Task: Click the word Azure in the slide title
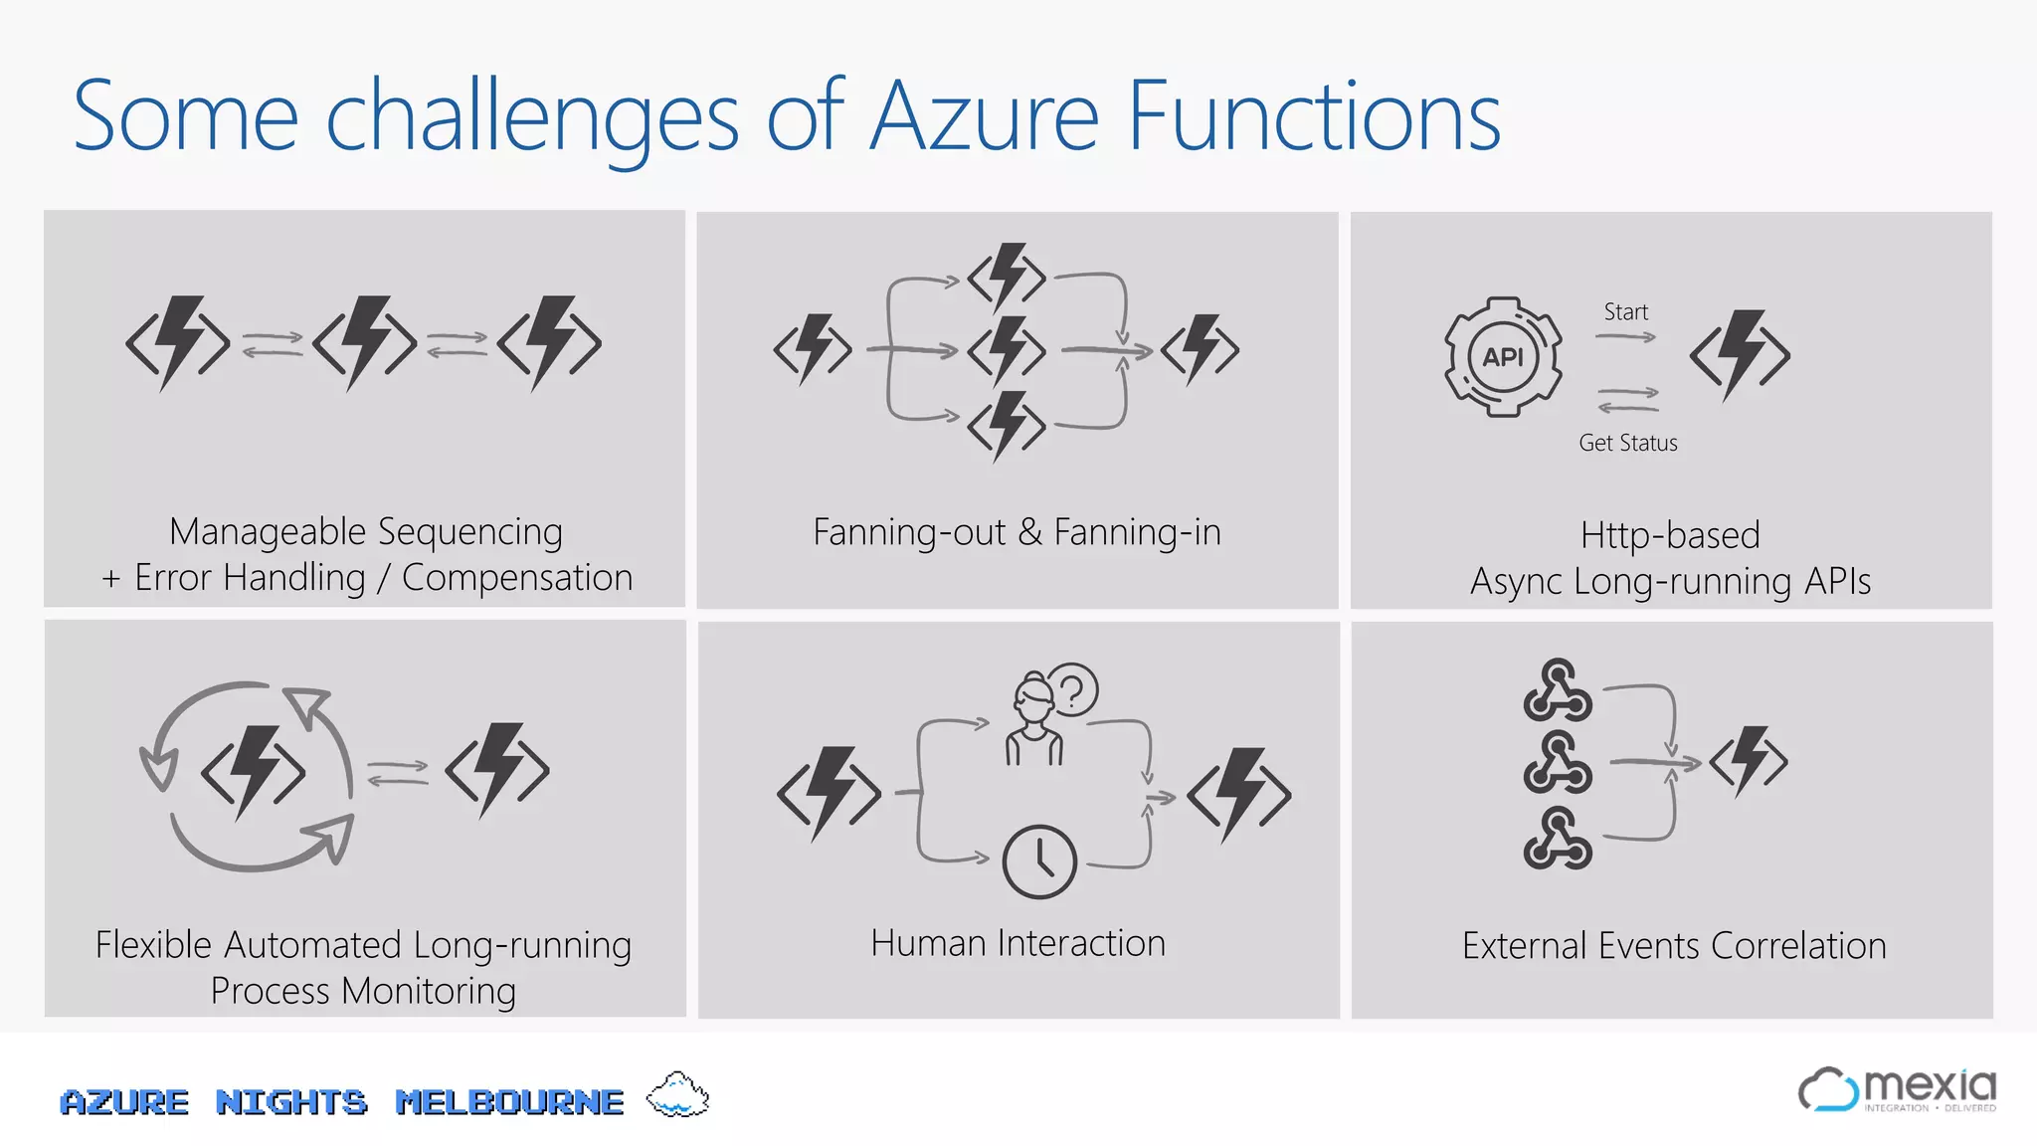pos(985,117)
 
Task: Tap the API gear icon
pos(1503,356)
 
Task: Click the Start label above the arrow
pos(1625,312)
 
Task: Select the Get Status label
pos(1627,444)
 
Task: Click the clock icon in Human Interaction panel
pos(1039,861)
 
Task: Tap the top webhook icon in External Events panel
pos(1557,689)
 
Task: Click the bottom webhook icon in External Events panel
pos(1557,839)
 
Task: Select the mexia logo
pos(1897,1090)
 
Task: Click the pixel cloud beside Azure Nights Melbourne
pos(677,1096)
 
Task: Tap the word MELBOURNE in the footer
pos(509,1102)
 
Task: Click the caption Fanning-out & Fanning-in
pos(1017,532)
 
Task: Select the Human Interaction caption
pos(1018,943)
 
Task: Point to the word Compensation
pos(517,578)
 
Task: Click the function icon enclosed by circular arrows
pos(253,772)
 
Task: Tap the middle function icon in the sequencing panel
pos(364,342)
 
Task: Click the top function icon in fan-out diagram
pos(1007,277)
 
